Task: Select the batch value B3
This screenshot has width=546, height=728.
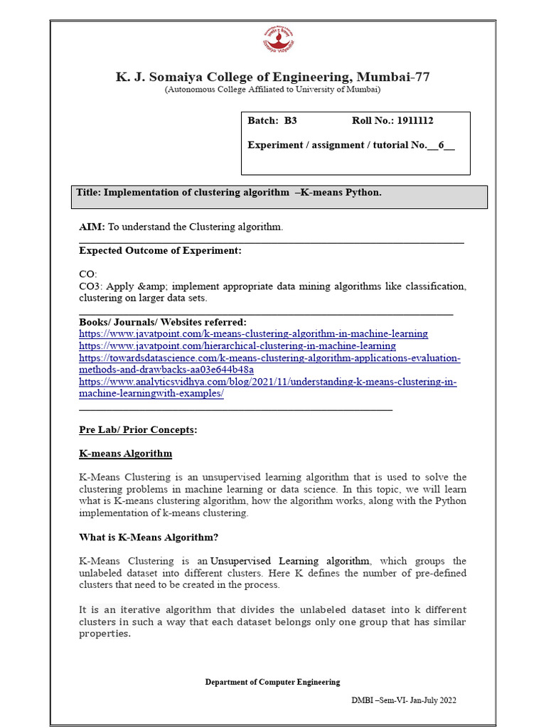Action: pos(290,121)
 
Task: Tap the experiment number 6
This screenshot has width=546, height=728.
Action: pos(441,145)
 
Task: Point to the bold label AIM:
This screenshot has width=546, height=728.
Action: pos(92,227)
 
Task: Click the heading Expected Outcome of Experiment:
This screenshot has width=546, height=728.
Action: pos(160,250)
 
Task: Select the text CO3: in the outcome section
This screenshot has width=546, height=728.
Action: pos(91,287)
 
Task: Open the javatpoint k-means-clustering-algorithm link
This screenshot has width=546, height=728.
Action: pos(253,333)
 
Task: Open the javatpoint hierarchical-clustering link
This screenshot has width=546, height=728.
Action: pos(237,346)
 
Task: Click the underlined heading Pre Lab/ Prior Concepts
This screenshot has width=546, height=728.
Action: pos(136,430)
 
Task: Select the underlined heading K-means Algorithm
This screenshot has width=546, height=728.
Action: pos(125,454)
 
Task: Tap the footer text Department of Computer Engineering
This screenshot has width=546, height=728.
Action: pos(272,682)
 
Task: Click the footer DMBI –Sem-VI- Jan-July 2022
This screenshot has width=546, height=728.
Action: pos(404,700)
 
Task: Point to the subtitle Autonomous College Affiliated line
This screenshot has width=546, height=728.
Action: pos(272,90)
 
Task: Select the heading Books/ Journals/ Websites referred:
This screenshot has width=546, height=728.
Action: pos(163,321)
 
